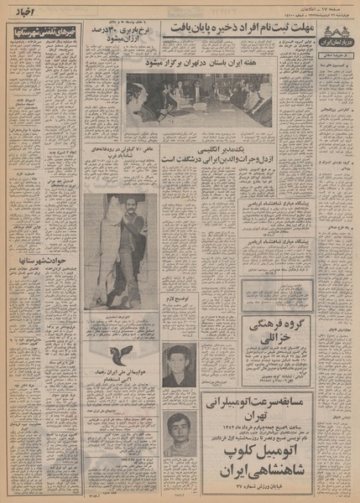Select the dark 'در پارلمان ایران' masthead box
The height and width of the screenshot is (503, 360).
337,37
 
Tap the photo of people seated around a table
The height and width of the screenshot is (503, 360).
199,100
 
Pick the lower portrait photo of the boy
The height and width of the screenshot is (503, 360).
180,433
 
